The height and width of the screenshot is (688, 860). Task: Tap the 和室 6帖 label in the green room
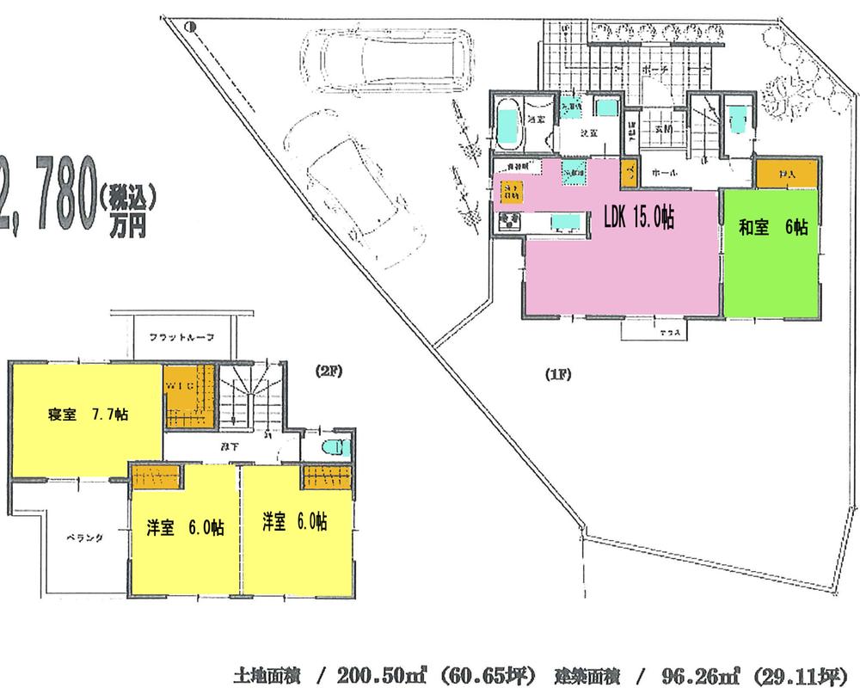[x=773, y=228]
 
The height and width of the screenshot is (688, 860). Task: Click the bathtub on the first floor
[x=509, y=126]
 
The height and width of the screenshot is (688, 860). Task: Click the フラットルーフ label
[x=181, y=336]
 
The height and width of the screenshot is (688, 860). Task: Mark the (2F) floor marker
[x=328, y=371]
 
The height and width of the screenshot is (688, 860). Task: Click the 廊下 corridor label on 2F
[x=230, y=446]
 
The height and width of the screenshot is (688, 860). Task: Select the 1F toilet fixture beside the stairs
[x=738, y=117]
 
